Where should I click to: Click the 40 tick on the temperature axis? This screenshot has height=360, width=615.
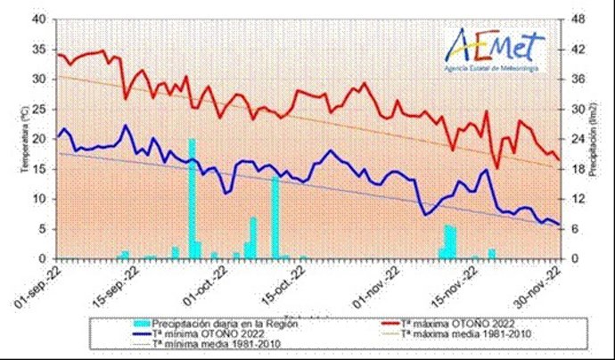pos(41,19)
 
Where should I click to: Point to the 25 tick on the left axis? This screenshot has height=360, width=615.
pos(41,109)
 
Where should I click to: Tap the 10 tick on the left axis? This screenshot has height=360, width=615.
pos(41,199)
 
